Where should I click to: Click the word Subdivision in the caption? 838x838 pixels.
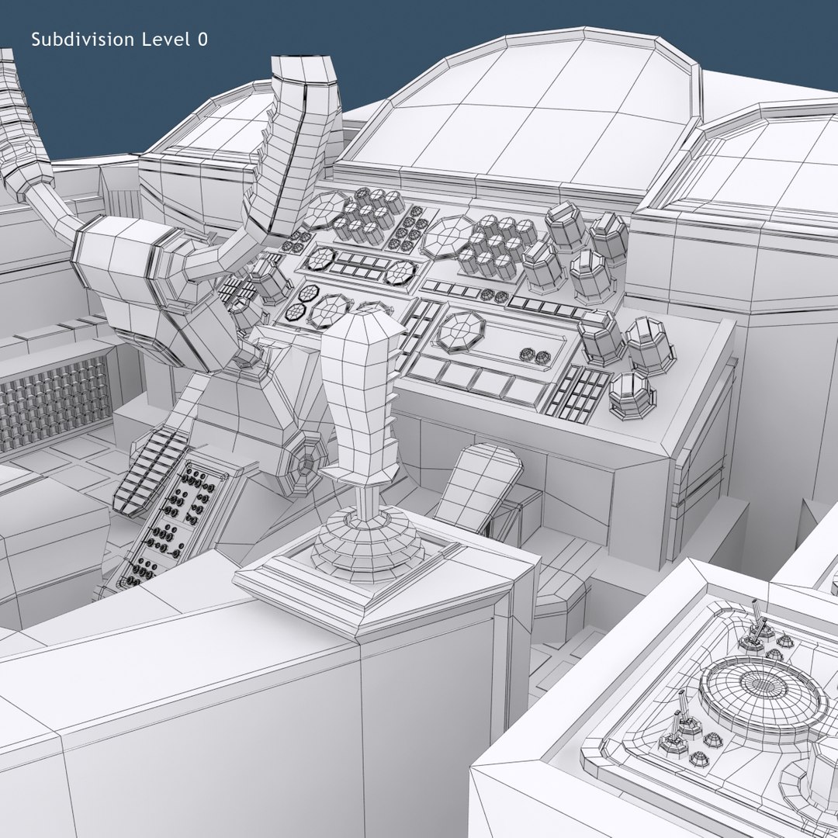click(81, 40)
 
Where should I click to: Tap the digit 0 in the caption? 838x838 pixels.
click(203, 40)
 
